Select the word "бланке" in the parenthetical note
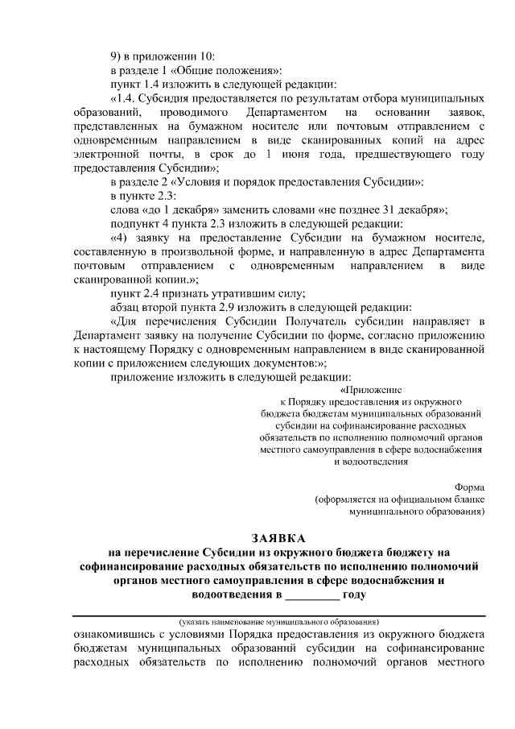(x=469, y=499)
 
